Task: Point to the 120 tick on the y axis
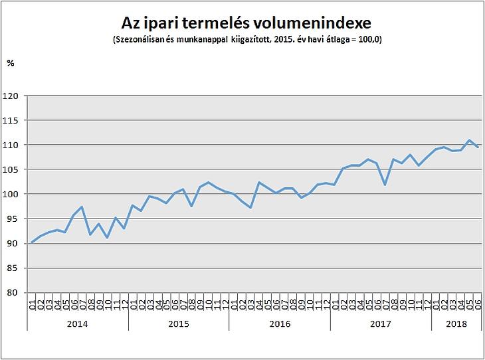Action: (x=11, y=96)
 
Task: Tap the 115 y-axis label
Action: (x=11, y=120)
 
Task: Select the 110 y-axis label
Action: (x=11, y=145)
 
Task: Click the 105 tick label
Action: (x=11, y=169)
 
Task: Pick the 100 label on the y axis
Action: (x=11, y=194)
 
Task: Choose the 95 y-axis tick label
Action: (x=13, y=219)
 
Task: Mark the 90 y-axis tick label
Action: (x=13, y=243)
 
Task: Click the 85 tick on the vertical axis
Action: (x=13, y=268)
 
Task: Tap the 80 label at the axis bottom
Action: (x=13, y=292)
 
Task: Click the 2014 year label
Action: (x=78, y=323)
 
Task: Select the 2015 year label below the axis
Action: (x=179, y=323)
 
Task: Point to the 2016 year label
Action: (x=280, y=323)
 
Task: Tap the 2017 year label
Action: (x=381, y=323)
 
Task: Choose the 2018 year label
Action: (x=456, y=323)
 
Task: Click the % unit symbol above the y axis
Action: (x=10, y=62)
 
